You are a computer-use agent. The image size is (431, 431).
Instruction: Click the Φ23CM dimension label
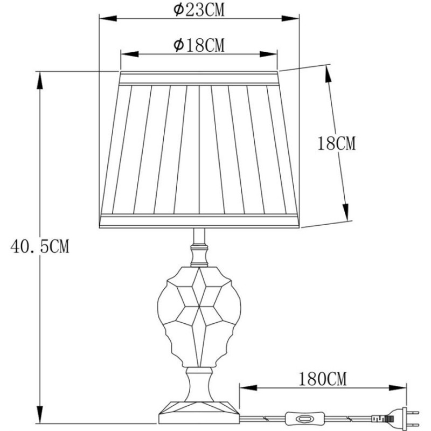[x=199, y=10]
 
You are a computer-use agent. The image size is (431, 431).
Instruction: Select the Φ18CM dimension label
[x=199, y=45]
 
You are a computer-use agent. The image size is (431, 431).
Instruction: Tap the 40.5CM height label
[x=40, y=246]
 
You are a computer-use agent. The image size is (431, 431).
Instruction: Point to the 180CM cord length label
[x=322, y=379]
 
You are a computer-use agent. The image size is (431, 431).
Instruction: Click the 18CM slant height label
[x=336, y=143]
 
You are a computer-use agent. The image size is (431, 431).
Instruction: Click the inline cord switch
[x=304, y=419]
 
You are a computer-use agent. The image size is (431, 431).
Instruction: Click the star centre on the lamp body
[x=199, y=306]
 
